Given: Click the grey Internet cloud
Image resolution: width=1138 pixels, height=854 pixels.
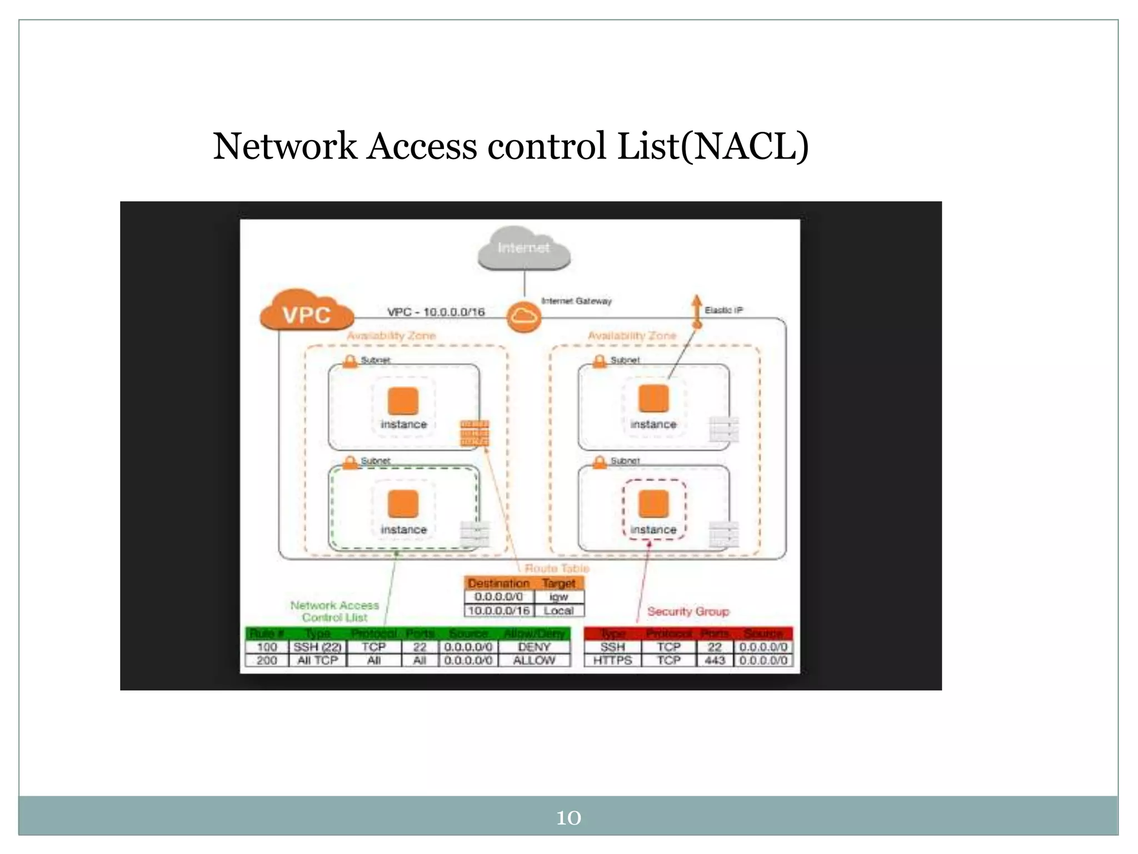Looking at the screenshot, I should pos(524,249).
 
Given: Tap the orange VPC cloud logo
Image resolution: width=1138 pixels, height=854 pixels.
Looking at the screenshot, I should pos(307,312).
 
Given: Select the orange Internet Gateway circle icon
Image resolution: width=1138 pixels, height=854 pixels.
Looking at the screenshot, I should pos(523,317).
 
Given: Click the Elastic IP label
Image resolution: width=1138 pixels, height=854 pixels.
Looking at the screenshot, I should pos(723,310).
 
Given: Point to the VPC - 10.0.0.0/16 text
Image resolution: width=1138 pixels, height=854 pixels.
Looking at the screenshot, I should pos(436,312).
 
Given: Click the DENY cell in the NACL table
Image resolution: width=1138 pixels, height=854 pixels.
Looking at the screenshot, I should pos(534,647).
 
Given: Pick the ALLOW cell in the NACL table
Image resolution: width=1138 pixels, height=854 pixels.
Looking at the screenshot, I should pos(534,661).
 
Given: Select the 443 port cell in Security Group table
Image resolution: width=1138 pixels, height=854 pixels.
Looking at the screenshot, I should pos(715,661).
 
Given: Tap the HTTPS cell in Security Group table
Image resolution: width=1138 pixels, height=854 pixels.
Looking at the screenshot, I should pos(612,661).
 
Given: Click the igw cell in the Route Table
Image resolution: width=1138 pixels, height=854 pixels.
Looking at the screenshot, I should pos(558,597).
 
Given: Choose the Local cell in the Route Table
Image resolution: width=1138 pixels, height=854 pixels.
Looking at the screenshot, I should pos(558,610).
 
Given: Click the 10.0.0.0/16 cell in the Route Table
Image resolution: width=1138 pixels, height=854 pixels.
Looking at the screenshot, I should pos(499,610).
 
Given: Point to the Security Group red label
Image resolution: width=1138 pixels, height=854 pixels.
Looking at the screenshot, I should pos(688,612).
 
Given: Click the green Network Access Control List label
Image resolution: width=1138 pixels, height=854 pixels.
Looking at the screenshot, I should pos(335,611).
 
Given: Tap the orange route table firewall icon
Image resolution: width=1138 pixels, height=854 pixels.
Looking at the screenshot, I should pos(474,433).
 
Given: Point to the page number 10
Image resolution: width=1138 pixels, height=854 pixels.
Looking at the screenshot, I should pos(568,818).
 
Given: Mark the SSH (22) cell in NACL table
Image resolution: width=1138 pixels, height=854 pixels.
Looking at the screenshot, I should pos(317,647).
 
